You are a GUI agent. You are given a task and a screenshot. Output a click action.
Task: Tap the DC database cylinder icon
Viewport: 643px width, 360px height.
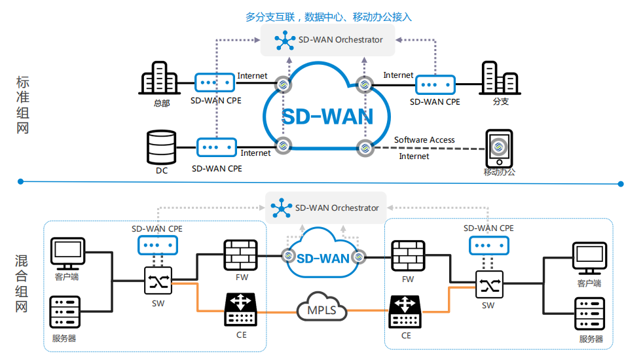[162, 147]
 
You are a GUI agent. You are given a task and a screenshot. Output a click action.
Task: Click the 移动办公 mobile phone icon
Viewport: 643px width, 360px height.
[498, 149]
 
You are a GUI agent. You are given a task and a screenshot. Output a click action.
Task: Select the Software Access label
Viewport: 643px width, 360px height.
[424, 140]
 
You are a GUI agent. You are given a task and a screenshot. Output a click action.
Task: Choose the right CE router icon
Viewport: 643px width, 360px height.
[406, 312]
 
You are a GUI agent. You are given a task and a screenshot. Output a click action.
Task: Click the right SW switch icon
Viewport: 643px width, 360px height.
[488, 285]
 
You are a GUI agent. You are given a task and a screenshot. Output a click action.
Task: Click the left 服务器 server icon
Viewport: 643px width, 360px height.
[65, 313]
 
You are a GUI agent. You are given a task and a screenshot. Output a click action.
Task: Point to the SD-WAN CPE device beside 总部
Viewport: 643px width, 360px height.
[215, 83]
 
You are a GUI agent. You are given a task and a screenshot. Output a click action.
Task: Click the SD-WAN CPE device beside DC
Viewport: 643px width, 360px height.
[216, 147]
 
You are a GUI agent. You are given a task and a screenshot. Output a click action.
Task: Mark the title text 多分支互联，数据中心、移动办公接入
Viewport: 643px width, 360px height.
[329, 17]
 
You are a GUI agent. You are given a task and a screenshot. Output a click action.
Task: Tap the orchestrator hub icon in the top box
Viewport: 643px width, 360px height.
[285, 41]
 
